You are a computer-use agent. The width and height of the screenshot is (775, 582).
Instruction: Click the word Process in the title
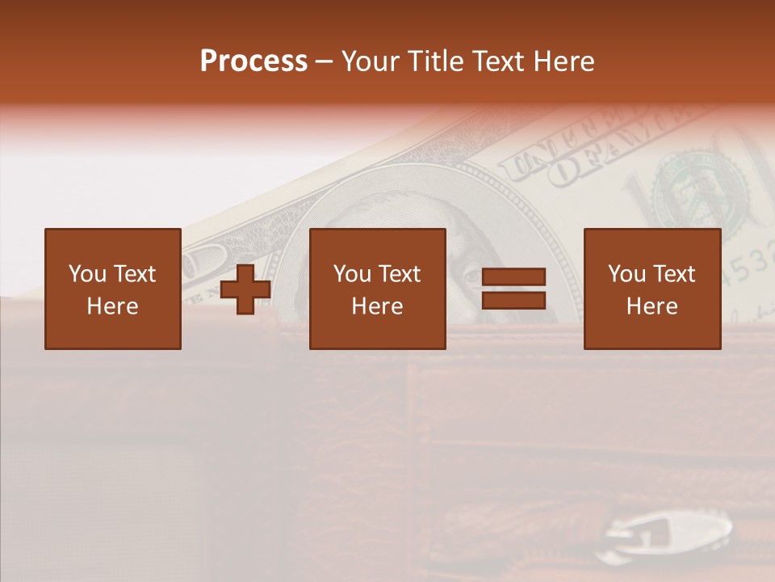pos(253,61)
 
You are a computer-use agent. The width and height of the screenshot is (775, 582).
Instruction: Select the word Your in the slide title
pos(371,61)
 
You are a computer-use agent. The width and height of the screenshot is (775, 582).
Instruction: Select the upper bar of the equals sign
pos(513,278)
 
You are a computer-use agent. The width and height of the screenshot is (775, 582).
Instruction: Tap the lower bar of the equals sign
pos(513,301)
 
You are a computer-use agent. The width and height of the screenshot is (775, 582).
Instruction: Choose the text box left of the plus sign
pos(113,289)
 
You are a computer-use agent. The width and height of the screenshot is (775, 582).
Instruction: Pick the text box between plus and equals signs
pos(378,289)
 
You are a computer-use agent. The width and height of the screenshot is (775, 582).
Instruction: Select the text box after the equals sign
pos(652,289)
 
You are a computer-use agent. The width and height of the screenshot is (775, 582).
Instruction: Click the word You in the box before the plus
pos(86,274)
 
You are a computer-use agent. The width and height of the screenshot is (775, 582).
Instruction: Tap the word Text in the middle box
pos(400,274)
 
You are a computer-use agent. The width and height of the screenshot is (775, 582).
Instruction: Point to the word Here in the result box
pos(652,306)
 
